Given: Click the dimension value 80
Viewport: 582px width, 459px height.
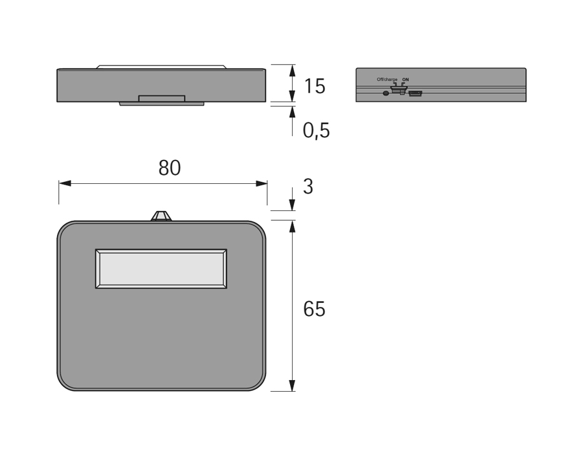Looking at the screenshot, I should [170, 168].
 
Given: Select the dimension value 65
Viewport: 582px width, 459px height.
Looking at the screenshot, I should [314, 309].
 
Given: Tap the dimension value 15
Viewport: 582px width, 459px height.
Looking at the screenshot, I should [314, 86].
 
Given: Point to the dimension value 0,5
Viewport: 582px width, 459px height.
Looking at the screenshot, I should [316, 131].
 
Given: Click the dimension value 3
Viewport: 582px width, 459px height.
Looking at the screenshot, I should [308, 187].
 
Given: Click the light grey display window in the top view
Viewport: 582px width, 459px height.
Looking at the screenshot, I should [161, 269].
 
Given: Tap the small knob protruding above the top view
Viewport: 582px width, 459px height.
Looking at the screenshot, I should [161, 216].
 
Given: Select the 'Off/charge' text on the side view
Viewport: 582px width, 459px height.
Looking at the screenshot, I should [387, 80].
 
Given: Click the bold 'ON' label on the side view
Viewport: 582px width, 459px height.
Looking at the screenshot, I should [405, 80].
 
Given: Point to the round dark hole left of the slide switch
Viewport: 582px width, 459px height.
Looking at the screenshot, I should [386, 93].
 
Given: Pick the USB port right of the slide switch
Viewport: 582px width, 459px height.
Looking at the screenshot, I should [416, 93].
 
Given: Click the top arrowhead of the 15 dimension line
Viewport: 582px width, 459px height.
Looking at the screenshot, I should [292, 70].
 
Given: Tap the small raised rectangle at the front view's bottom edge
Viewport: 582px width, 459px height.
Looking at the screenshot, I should [162, 98].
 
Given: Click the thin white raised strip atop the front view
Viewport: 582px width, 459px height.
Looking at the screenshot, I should [162, 67].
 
